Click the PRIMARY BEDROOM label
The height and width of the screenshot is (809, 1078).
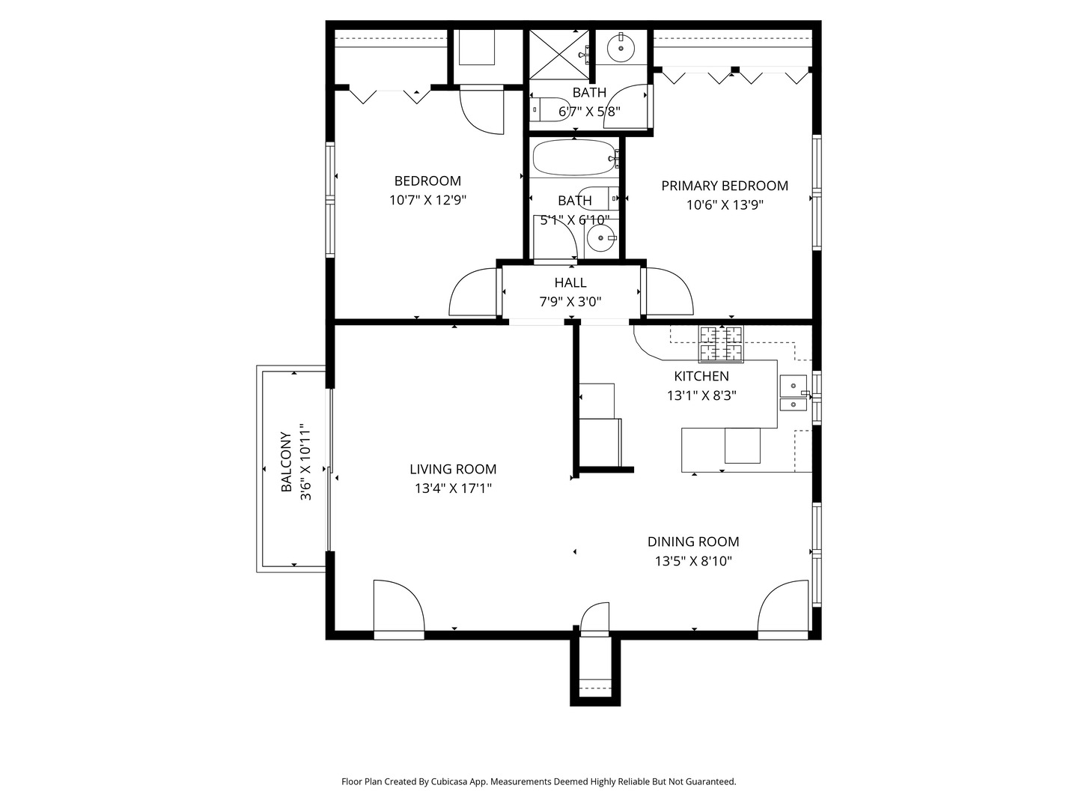click(x=725, y=186)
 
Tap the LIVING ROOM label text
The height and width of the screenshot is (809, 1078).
click(x=453, y=469)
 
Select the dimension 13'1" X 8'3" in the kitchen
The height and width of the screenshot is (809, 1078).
click(x=701, y=396)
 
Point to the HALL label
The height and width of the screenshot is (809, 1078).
click(x=570, y=282)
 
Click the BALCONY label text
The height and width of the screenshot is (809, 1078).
click(x=286, y=461)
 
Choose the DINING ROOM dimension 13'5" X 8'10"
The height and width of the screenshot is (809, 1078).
click(x=693, y=561)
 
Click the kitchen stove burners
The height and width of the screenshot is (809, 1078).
click(x=721, y=344)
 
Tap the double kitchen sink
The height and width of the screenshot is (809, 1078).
click(x=793, y=393)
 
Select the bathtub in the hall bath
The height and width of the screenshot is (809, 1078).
click(x=573, y=158)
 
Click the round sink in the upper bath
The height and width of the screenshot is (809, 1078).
click(x=621, y=48)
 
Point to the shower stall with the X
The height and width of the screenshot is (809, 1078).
click(x=559, y=54)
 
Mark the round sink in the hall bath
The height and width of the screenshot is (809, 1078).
click(x=600, y=238)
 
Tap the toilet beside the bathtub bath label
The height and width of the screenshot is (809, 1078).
click(x=598, y=199)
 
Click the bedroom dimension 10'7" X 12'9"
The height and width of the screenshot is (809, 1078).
click(x=427, y=201)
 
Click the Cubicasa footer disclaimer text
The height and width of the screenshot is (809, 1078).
click(x=539, y=781)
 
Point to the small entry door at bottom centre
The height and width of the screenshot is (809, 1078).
click(x=594, y=619)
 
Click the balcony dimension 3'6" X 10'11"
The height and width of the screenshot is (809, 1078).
click(x=305, y=461)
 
